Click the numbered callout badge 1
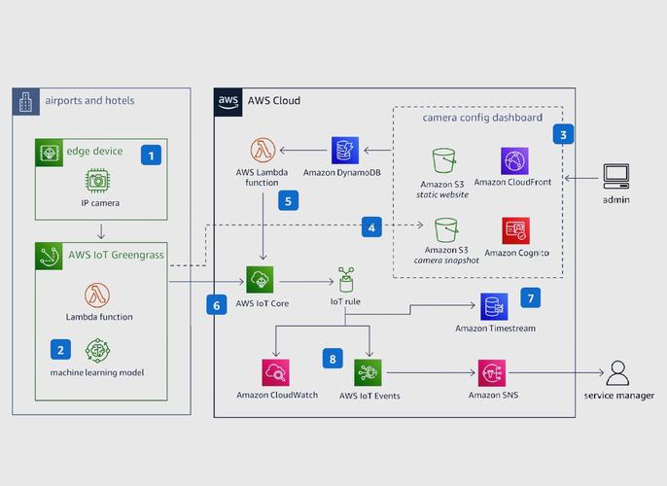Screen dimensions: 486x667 [x=150, y=154]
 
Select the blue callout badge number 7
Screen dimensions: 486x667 [x=530, y=297]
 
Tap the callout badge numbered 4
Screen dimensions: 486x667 [x=370, y=226]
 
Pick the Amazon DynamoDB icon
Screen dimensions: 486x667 [x=345, y=151]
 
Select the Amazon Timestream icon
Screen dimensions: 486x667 [x=494, y=307]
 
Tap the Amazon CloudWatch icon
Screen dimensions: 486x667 [x=275, y=373]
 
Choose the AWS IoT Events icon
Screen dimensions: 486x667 [x=369, y=373]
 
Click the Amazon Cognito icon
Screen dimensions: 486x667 [x=515, y=230]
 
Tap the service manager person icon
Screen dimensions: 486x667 [x=618, y=373]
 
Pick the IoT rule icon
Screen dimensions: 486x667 [x=345, y=280]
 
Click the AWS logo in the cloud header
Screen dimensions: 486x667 [x=228, y=101]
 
